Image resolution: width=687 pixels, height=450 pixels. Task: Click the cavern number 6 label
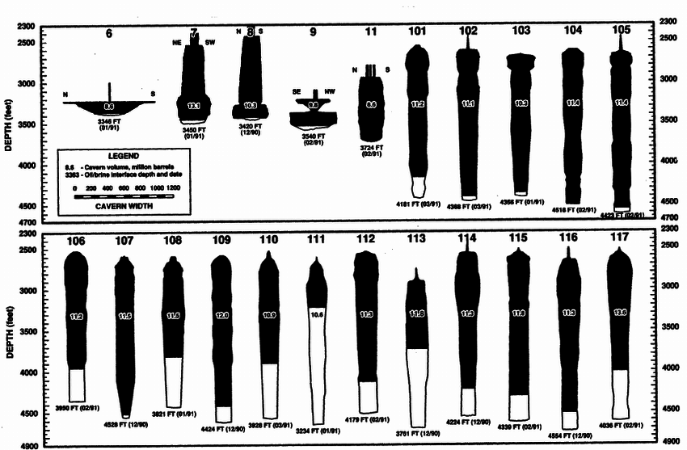pyautogui.click(x=109, y=34)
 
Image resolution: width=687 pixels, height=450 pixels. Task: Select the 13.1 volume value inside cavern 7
pyautogui.click(x=194, y=106)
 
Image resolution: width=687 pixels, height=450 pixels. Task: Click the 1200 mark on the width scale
pyautogui.click(x=175, y=187)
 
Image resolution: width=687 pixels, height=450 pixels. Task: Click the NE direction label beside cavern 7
pyautogui.click(x=177, y=42)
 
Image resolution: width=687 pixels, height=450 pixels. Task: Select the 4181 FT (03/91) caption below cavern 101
pyautogui.click(x=419, y=203)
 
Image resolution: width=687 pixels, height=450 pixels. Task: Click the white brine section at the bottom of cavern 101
pyautogui.click(x=417, y=187)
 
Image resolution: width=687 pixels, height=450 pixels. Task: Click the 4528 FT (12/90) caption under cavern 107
pyautogui.click(x=126, y=423)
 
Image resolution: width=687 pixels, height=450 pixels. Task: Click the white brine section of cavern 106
pyautogui.click(x=77, y=385)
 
